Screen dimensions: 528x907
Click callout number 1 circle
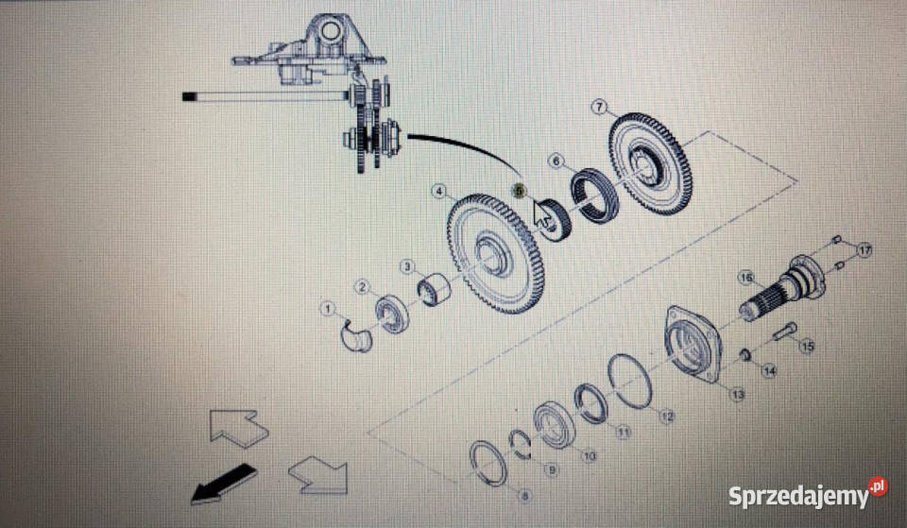(x=328, y=308)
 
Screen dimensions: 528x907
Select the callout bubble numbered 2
(x=362, y=286)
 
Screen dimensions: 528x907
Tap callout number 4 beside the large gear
(x=438, y=192)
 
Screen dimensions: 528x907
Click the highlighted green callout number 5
(x=517, y=190)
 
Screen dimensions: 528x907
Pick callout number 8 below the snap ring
(x=525, y=494)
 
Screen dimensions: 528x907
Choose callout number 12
(x=668, y=416)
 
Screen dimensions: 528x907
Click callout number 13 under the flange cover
(x=737, y=393)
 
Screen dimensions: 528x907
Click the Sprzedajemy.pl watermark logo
(x=807, y=493)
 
